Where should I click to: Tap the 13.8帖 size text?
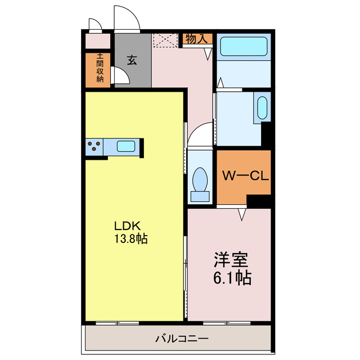click(130, 239)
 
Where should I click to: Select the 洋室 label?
click(231, 260)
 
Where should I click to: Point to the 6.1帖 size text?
click(231, 277)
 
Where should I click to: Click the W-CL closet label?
click(243, 175)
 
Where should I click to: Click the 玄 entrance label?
click(132, 60)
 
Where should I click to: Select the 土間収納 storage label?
click(100, 68)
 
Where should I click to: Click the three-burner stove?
click(94, 147)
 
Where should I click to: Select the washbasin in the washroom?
click(262, 107)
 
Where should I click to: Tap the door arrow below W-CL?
click(242, 214)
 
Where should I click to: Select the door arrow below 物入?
click(208, 54)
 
